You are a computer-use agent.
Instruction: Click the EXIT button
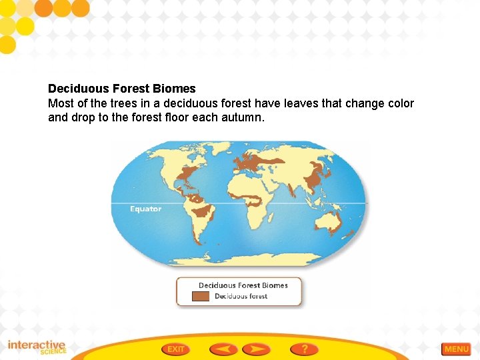pyautogui.click(x=176, y=349)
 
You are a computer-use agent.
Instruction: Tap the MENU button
pyautogui.click(x=456, y=349)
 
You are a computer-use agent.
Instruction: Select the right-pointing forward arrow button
pyautogui.click(x=256, y=349)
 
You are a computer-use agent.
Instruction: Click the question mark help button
pyautogui.click(x=304, y=349)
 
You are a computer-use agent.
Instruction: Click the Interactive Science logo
pyautogui.click(x=37, y=347)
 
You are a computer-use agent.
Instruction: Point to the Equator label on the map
pyautogui.click(x=145, y=209)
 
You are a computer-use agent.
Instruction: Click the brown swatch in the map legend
pyautogui.click(x=201, y=297)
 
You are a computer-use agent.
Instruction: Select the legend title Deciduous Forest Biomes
pyautogui.click(x=243, y=285)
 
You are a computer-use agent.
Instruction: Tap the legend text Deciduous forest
pyautogui.click(x=241, y=297)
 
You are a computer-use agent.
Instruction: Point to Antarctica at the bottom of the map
pyautogui.click(x=240, y=256)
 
